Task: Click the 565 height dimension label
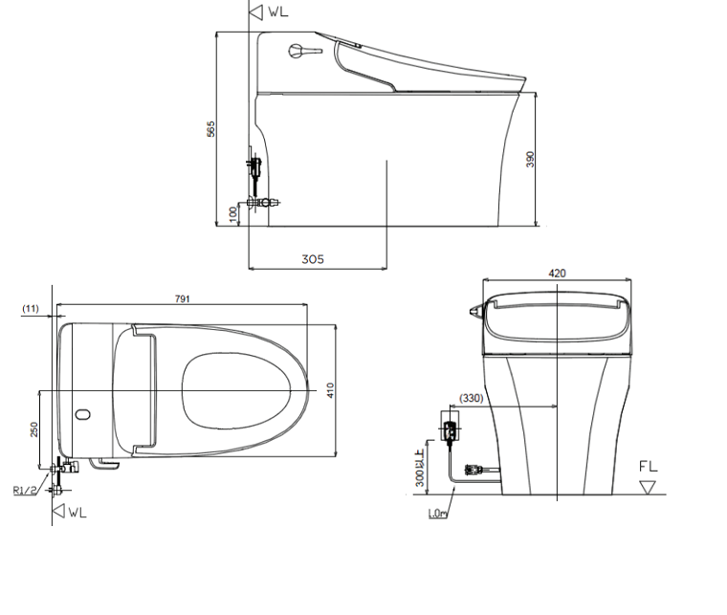211,129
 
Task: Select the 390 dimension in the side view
530,159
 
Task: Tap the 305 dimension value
313,259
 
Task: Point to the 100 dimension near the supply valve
232,213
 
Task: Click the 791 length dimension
182,299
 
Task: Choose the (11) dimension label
31,309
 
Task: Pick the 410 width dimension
330,390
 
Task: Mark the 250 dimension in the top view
33,429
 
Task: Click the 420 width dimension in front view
557,274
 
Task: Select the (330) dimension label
471,398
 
